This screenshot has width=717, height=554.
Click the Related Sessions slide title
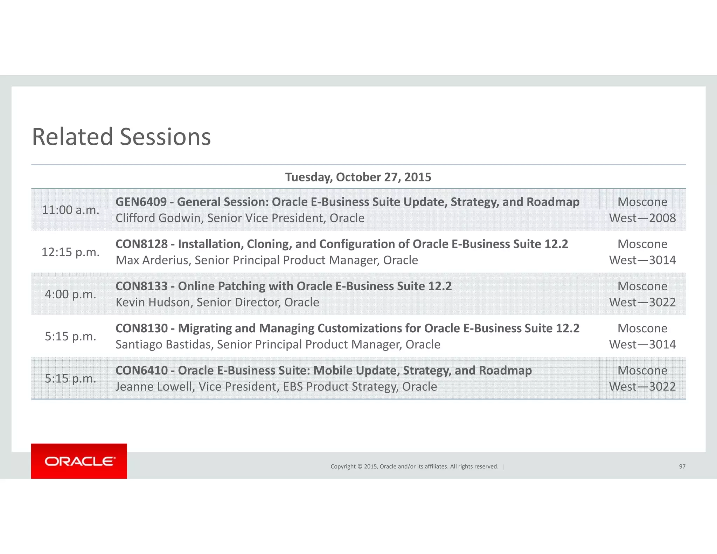click(121, 137)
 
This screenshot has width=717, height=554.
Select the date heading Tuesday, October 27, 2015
click(358, 177)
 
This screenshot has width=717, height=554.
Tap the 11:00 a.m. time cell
click(70, 210)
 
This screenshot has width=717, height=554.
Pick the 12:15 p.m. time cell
click(70, 252)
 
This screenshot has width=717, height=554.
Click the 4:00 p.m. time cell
click(70, 295)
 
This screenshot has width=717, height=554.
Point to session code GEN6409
click(141, 202)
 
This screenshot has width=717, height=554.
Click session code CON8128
click(141, 244)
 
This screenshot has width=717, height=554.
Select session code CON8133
click(141, 286)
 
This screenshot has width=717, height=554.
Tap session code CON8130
click(141, 328)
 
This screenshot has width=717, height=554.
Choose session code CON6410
click(141, 371)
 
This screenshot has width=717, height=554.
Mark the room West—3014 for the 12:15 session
click(642, 260)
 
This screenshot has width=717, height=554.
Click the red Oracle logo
click(79, 461)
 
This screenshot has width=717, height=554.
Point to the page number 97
click(682, 466)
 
